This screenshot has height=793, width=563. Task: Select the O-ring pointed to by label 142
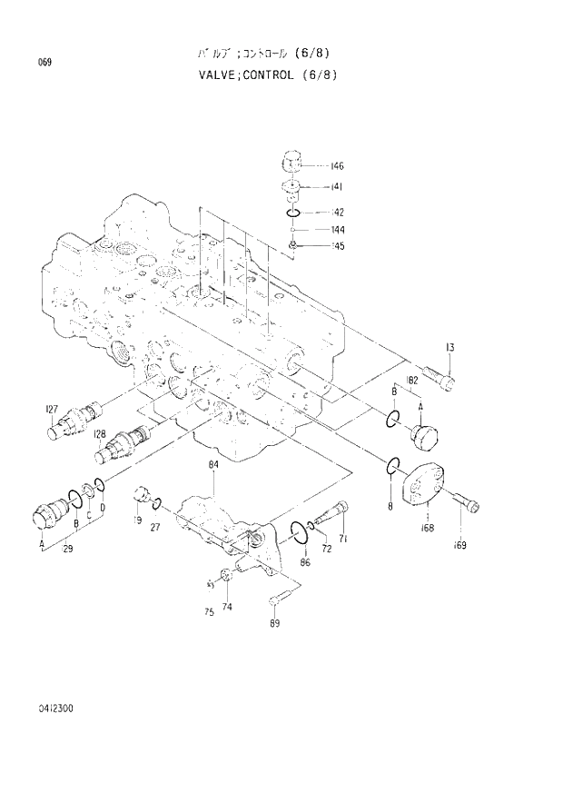pyautogui.click(x=291, y=213)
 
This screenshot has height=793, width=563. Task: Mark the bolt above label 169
pyautogui.click(x=467, y=502)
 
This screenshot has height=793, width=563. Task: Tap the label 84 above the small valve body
pyautogui.click(x=213, y=465)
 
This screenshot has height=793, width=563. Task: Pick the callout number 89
pyautogui.click(x=274, y=623)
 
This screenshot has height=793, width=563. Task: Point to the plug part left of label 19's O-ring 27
pyautogui.click(x=141, y=495)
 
